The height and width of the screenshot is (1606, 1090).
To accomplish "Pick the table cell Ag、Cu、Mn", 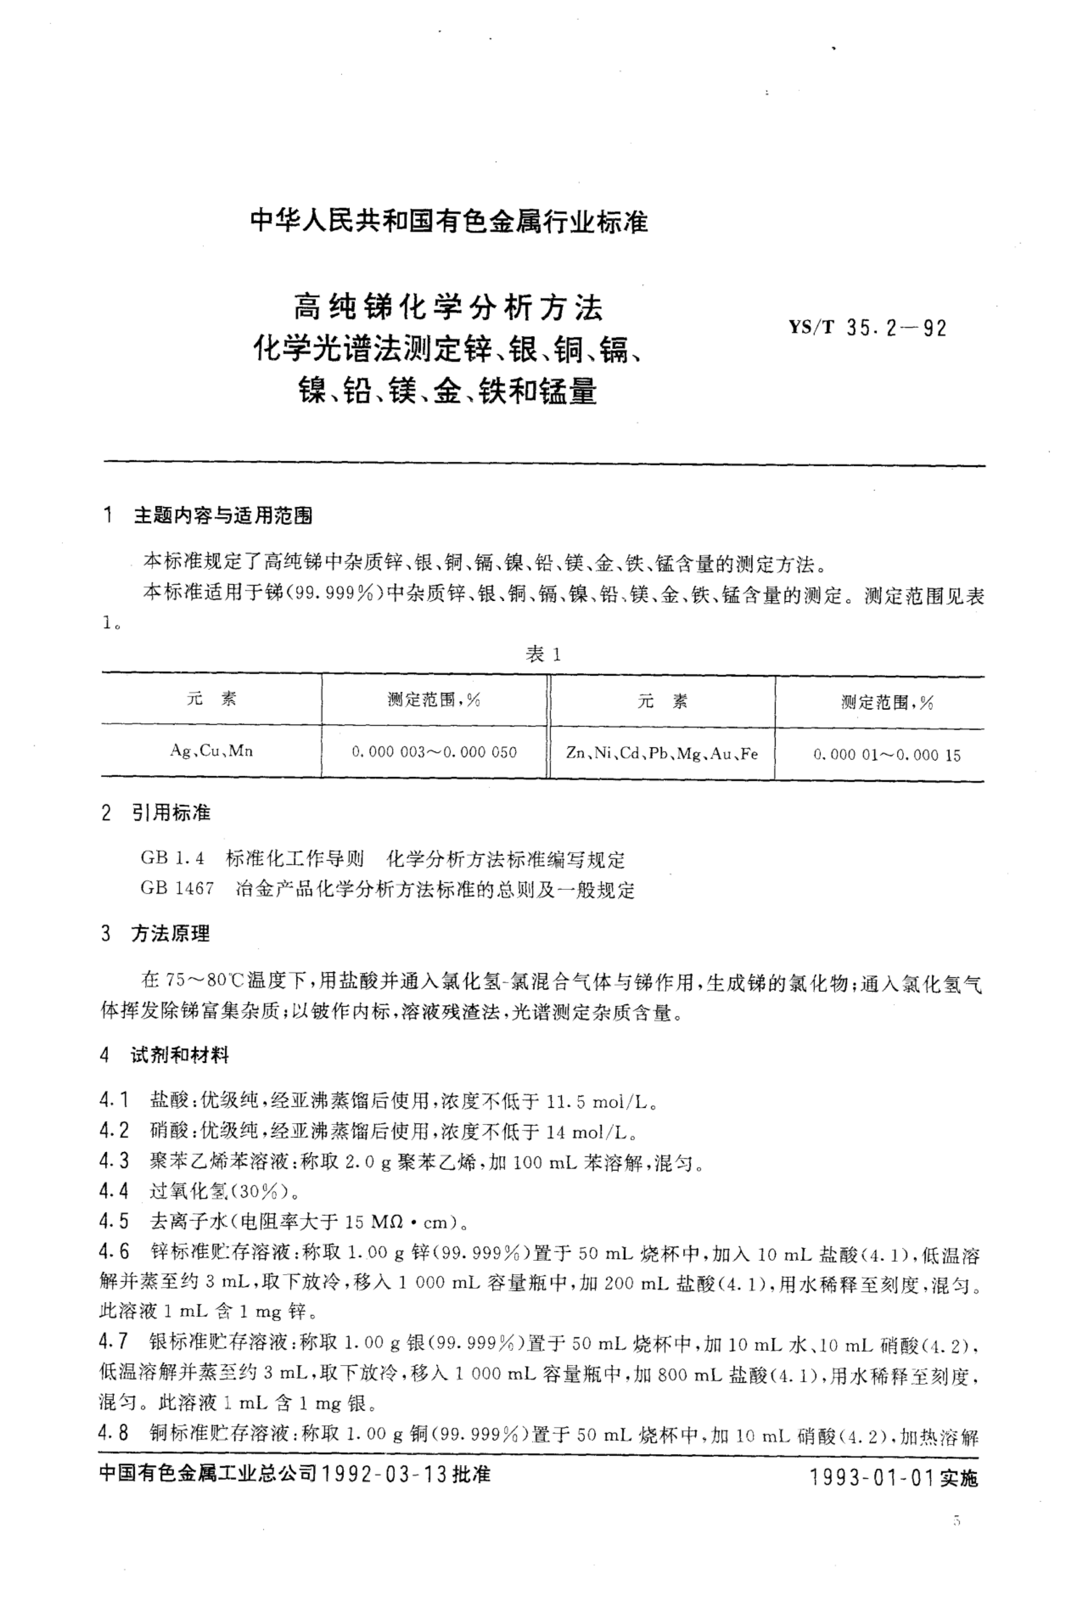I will click(211, 751).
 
